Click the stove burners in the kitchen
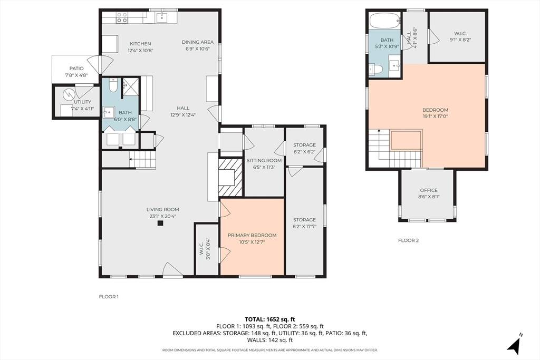pos(122,17)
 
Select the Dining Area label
pos(198,42)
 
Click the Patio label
pos(76,69)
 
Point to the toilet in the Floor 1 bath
pos(113,85)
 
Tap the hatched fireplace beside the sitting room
pos(231,178)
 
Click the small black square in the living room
pos(160,223)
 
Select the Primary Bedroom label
pos(252,236)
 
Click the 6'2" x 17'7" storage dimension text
pos(304,227)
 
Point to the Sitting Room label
pos(264,160)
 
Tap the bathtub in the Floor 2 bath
pos(385,21)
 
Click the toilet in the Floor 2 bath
pos(375,70)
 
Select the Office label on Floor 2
pos(429,190)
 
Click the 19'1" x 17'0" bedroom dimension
pos(435,116)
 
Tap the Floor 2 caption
pos(409,240)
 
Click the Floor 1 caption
pos(109,297)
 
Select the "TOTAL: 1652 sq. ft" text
pos(270,319)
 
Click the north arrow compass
pos(515,344)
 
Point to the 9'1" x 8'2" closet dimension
pos(460,40)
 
